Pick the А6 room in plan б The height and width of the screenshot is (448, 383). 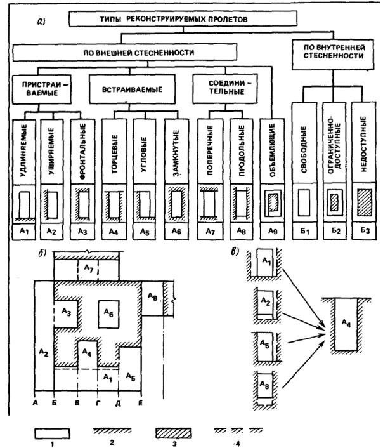coord(111,313)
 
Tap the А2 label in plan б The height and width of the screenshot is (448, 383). coord(43,350)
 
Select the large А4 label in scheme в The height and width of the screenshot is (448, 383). coord(344,324)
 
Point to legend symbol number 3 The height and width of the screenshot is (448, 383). coord(174,432)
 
